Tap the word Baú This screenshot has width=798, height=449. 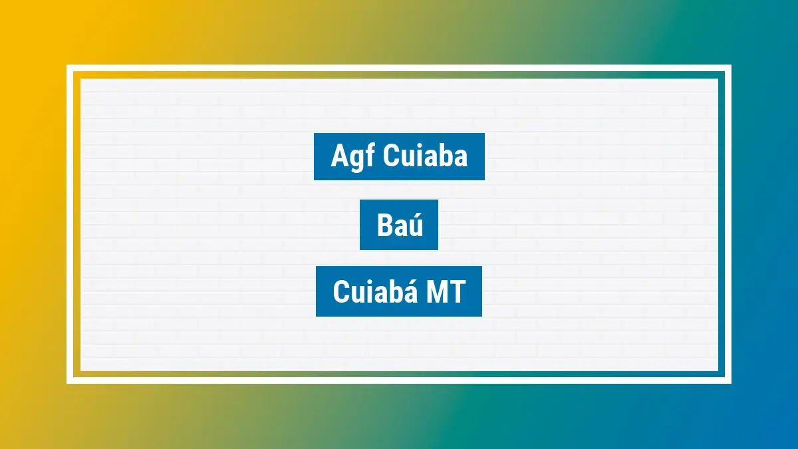click(x=399, y=225)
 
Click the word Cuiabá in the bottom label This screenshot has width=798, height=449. click(x=369, y=292)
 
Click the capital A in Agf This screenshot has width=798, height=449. click(x=339, y=156)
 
